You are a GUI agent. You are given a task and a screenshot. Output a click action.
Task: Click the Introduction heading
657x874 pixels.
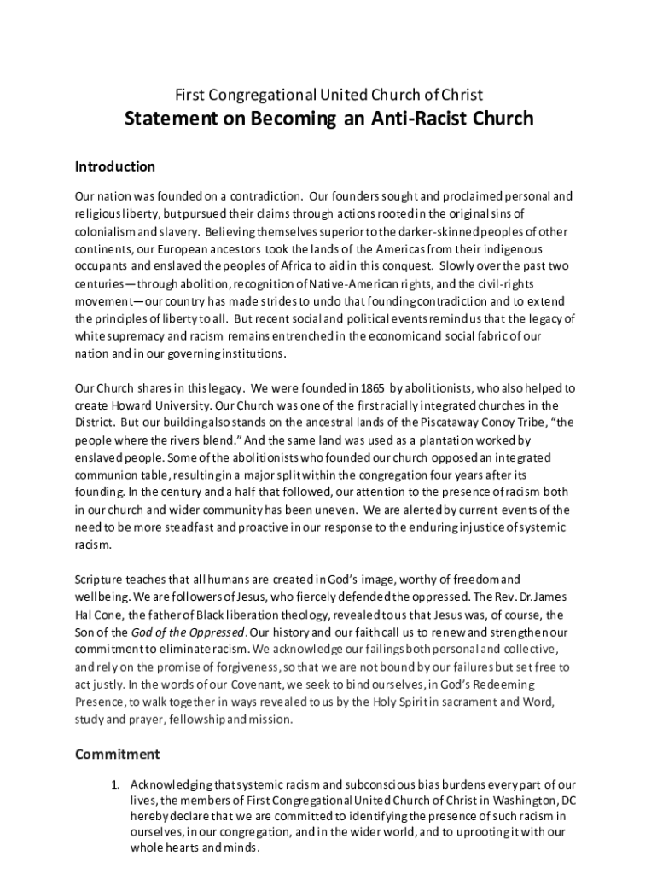click(115, 166)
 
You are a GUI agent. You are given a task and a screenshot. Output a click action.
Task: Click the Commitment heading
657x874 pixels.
click(117, 754)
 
